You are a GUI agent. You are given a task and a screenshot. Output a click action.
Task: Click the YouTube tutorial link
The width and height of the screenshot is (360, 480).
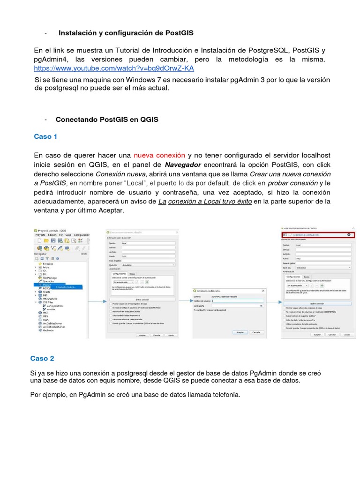114,68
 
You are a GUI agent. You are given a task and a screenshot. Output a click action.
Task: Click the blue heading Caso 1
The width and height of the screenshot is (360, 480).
45,136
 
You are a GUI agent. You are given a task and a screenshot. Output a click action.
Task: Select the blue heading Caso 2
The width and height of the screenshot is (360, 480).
42,358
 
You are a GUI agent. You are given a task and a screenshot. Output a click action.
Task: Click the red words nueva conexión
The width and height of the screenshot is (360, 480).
159,155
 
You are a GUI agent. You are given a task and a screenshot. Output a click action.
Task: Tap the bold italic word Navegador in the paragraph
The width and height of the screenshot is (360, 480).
183,165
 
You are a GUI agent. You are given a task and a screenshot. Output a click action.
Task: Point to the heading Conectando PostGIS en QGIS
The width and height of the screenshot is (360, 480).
107,120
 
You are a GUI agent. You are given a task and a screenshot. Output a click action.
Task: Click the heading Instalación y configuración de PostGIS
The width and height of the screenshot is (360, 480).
126,33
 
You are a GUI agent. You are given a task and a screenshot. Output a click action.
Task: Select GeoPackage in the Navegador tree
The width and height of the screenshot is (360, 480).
49,277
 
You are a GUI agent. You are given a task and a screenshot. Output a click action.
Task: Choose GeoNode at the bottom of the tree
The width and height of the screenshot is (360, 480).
48,330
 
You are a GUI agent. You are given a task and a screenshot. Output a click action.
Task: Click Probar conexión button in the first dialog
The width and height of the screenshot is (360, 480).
142,299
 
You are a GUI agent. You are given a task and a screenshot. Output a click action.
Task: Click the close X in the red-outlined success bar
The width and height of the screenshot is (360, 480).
349,234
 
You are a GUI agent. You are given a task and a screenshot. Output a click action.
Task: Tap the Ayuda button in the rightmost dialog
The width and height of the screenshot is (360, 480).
347,335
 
